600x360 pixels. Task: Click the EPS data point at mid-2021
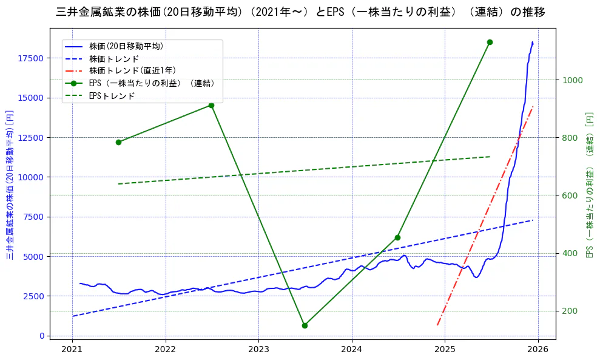tap(118, 142)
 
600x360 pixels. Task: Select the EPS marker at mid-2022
tap(211, 105)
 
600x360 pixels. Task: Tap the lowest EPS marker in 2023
tap(305, 325)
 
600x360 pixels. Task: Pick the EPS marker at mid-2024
tap(397, 237)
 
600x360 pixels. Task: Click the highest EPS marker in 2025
tap(490, 42)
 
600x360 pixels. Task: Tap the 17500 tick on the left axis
tap(31, 58)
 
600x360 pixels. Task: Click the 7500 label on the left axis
tap(33, 217)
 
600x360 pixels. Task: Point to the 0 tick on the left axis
tap(41, 336)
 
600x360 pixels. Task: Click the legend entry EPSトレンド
tap(112, 96)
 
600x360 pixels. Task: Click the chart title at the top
tap(300, 12)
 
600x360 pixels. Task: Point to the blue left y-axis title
tap(9, 185)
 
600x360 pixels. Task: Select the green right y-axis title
tap(589, 185)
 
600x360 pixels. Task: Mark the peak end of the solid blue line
tap(533, 42)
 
